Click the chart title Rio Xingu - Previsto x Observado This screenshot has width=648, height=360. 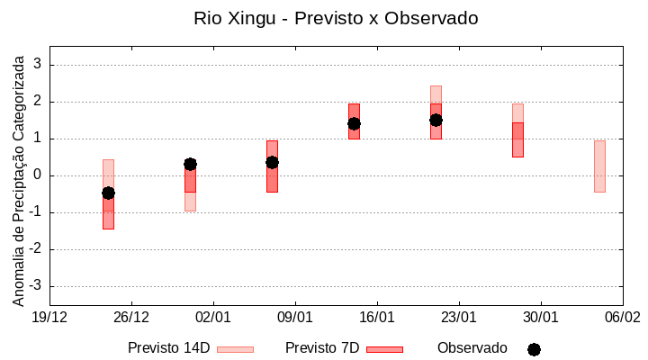pyautogui.click(x=336, y=18)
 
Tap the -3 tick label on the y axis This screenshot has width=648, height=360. pyautogui.click(x=35, y=286)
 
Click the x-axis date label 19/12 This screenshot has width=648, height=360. pyautogui.click(x=49, y=317)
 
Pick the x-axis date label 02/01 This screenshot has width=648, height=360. pyautogui.click(x=213, y=317)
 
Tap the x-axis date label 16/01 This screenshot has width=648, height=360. pyautogui.click(x=377, y=317)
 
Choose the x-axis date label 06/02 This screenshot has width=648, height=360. pyautogui.click(x=623, y=317)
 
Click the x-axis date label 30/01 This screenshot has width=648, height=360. pyautogui.click(x=541, y=317)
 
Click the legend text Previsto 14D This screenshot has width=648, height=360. pyautogui.click(x=169, y=348)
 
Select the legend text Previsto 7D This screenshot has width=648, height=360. pyautogui.click(x=322, y=348)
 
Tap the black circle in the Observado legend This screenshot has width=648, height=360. pyautogui.click(x=534, y=349)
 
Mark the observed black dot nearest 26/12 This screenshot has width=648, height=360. pyautogui.click(x=108, y=193)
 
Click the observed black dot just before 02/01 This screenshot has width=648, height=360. pyautogui.click(x=190, y=164)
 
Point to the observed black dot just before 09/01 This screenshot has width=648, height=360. pyautogui.click(x=272, y=162)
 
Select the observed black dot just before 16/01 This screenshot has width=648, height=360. pyautogui.click(x=354, y=123)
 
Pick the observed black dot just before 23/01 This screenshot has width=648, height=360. pyautogui.click(x=436, y=120)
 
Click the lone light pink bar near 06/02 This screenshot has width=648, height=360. pyautogui.click(x=599, y=166)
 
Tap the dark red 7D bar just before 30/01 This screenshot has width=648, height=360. pyautogui.click(x=517, y=139)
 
